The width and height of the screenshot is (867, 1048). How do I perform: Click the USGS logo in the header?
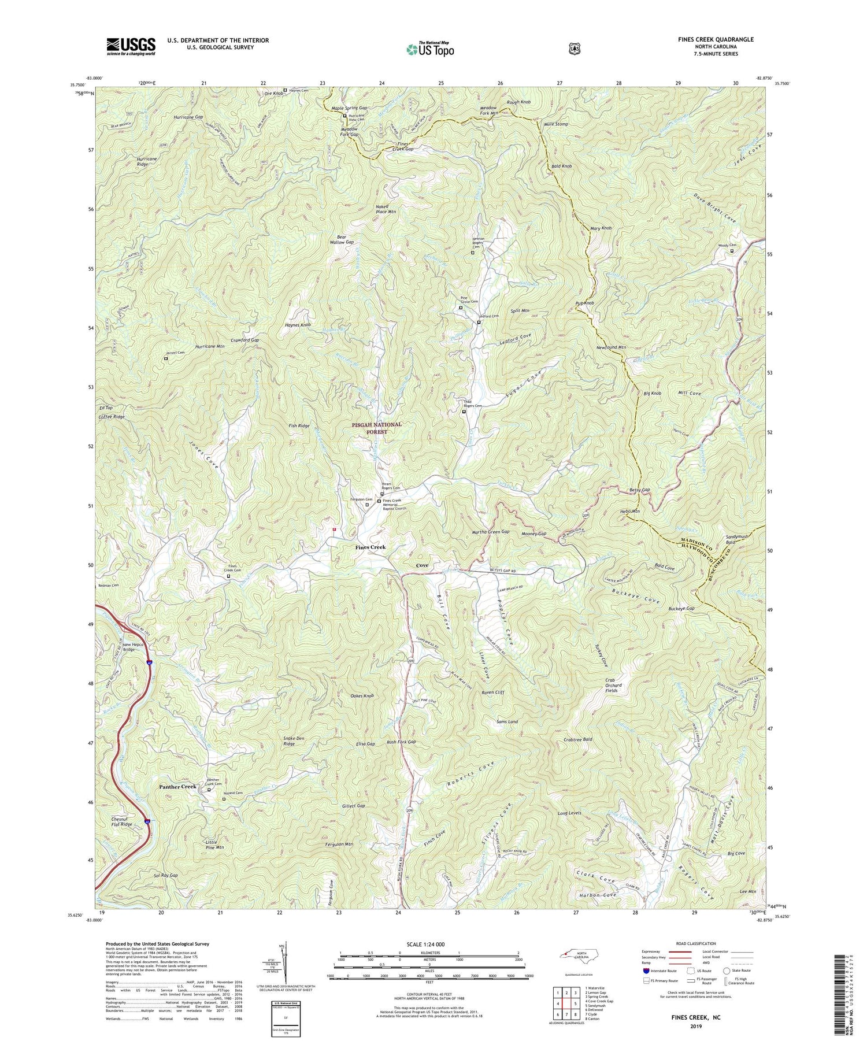(x=131, y=46)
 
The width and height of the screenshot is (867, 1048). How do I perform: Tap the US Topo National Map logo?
(x=430, y=49)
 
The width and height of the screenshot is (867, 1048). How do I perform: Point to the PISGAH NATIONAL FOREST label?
(x=376, y=428)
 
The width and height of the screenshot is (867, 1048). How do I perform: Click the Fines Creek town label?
(x=370, y=547)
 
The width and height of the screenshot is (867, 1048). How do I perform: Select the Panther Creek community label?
(x=178, y=787)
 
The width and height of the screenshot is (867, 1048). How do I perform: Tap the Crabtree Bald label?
(x=577, y=739)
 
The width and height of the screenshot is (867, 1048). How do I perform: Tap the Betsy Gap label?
(x=639, y=490)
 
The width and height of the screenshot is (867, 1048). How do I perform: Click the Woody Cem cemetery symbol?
(x=731, y=251)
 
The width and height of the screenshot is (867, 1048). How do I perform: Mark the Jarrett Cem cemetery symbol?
(x=166, y=358)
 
